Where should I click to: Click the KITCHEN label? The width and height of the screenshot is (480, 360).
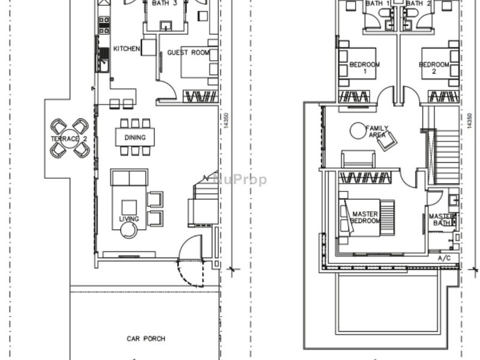click(x=127, y=49)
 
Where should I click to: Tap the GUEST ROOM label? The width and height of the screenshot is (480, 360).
click(x=188, y=53)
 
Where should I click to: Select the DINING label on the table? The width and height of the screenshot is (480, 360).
click(x=135, y=137)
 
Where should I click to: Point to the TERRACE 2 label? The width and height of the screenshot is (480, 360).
click(x=69, y=139)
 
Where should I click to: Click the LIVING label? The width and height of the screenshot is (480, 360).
click(x=129, y=219)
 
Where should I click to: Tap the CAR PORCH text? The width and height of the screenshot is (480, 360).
click(x=145, y=339)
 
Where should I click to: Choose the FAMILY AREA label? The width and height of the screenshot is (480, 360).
click(x=377, y=131)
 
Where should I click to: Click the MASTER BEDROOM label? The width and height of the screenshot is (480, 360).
click(x=365, y=217)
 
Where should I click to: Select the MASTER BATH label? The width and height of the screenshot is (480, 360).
click(x=442, y=220)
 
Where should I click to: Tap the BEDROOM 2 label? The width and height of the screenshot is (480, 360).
click(x=434, y=68)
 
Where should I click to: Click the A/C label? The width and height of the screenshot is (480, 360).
click(x=445, y=258)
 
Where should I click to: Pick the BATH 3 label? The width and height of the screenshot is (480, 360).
click(x=164, y=3)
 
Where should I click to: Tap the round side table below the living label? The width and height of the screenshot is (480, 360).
click(x=128, y=230)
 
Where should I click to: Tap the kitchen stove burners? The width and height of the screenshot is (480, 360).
click(x=104, y=24)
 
